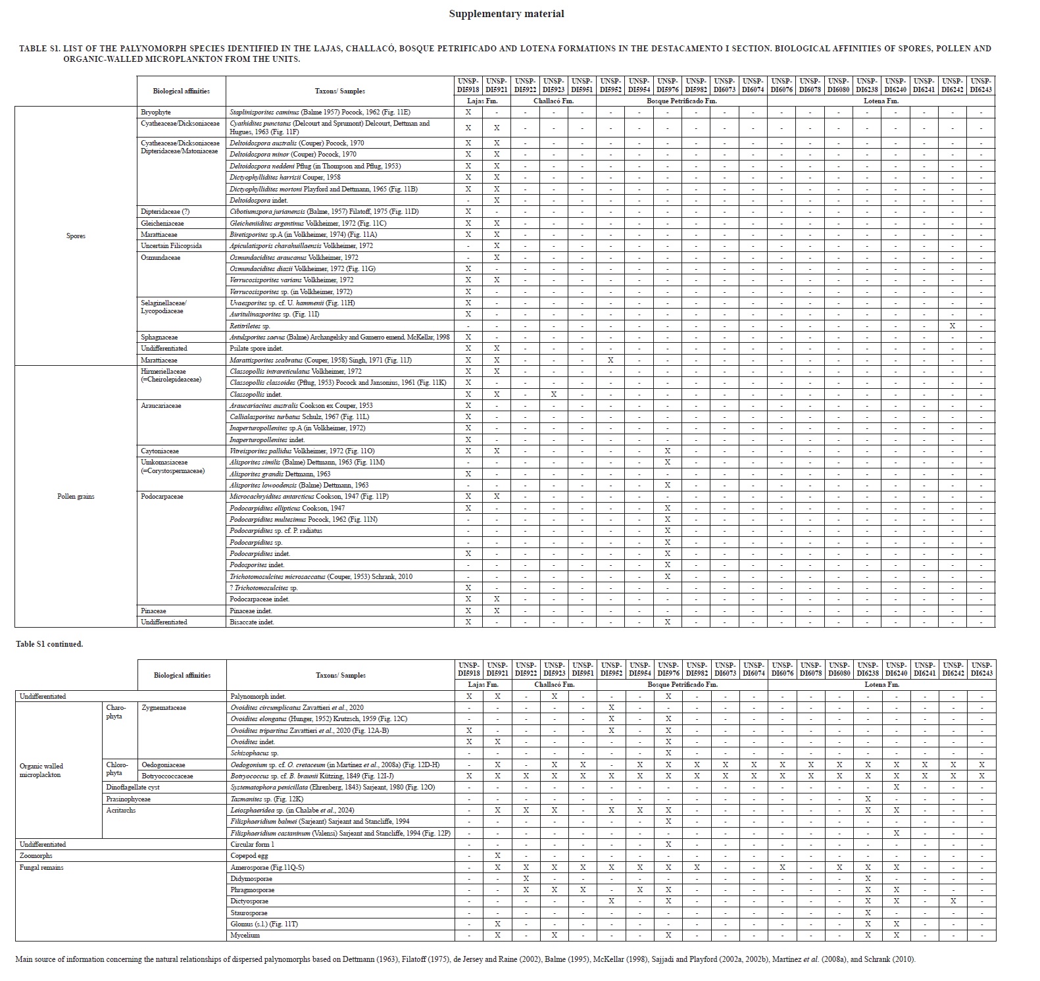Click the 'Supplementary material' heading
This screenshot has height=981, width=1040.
click(x=506, y=14)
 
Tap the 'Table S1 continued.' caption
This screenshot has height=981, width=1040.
click(x=49, y=644)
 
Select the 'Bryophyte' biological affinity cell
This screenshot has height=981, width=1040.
click(x=156, y=113)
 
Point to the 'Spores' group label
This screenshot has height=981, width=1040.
click(x=76, y=236)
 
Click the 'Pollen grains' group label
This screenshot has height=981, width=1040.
click(x=76, y=497)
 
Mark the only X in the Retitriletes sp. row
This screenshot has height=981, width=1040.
click(x=952, y=326)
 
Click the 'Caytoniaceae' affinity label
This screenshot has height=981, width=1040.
click(x=160, y=451)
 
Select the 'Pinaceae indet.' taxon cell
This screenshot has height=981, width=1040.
click(x=251, y=611)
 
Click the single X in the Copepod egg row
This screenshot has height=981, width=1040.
click(x=497, y=856)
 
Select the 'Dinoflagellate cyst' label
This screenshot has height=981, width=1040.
click(x=133, y=788)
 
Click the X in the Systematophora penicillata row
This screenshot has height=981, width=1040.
click(x=896, y=788)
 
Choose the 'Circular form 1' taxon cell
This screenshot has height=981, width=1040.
click(x=253, y=845)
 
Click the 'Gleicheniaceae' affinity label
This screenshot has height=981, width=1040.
click(x=162, y=224)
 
